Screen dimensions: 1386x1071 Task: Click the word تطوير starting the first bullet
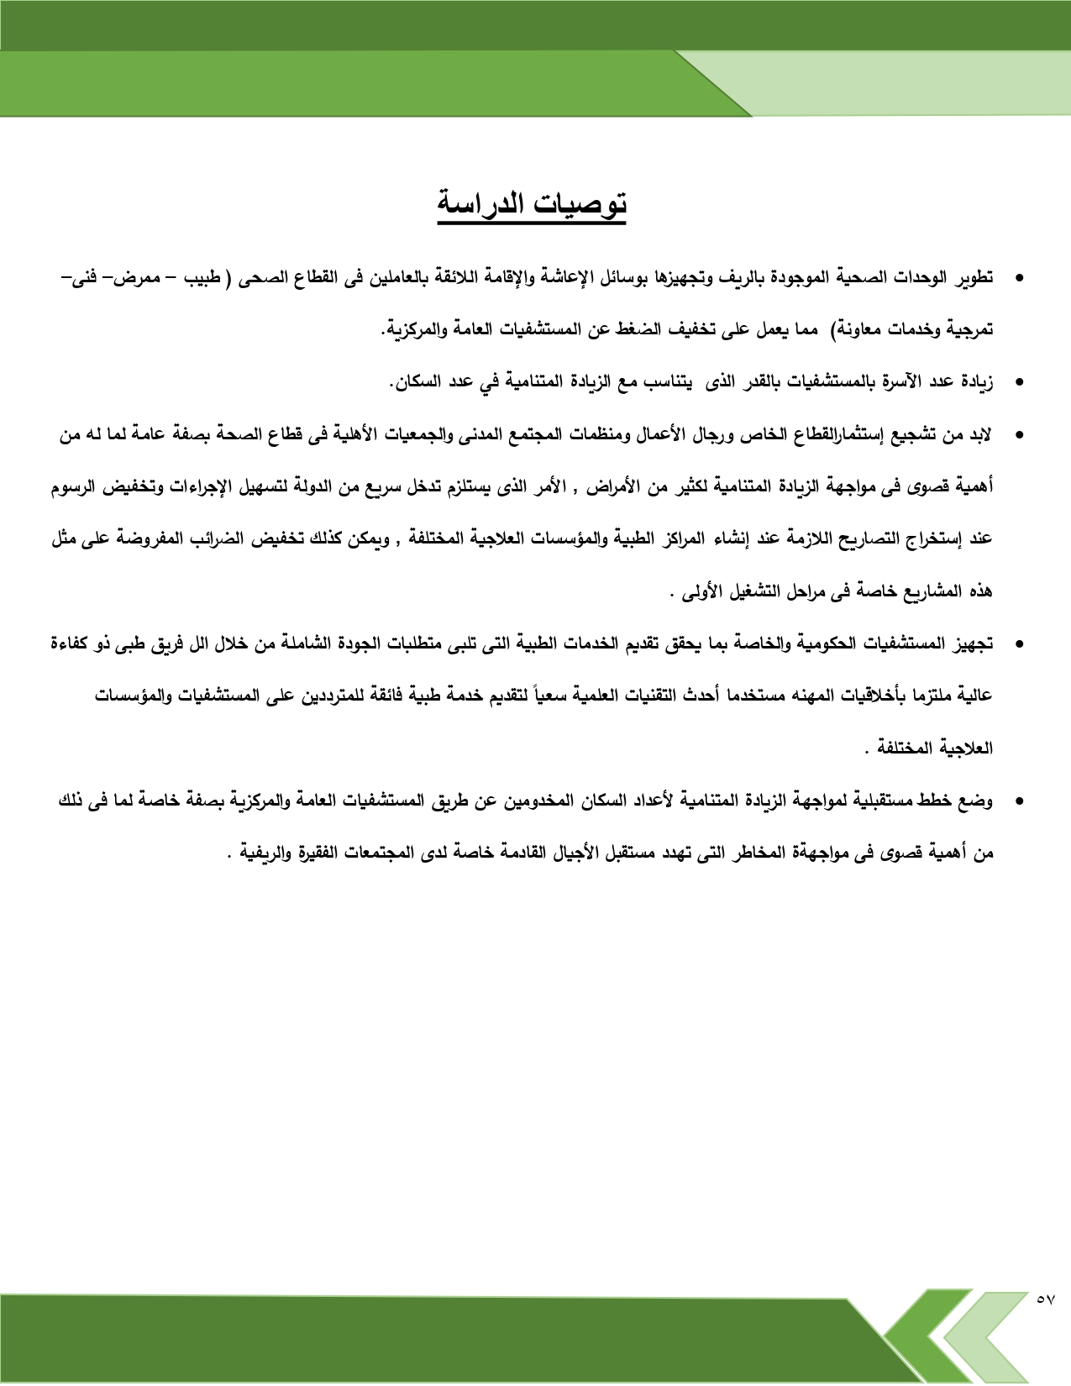[973, 278]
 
